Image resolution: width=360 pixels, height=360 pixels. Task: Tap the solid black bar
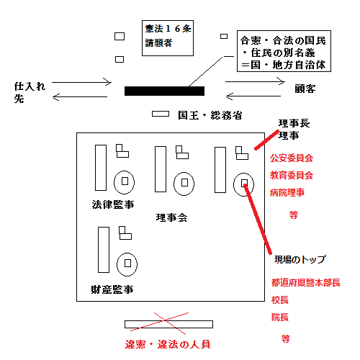point(164,91)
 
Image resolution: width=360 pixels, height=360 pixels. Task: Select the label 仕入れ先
point(30,92)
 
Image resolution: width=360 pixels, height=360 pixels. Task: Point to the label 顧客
point(305,89)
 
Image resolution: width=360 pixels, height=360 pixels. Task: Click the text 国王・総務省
point(210,115)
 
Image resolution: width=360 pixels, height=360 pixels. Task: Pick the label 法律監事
point(113,204)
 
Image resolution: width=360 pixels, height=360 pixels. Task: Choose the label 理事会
point(171,217)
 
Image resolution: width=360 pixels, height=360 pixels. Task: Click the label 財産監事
point(112,289)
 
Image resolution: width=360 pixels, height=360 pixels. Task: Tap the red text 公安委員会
point(292,158)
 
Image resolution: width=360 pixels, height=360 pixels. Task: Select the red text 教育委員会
point(292,175)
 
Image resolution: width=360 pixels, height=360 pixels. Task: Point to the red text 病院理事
point(287,192)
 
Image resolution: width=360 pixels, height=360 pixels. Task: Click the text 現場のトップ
point(300,259)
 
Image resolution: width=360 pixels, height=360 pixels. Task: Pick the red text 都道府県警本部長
point(306,282)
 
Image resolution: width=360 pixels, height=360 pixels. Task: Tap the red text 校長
point(280,300)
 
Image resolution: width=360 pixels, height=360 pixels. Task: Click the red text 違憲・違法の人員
point(168,344)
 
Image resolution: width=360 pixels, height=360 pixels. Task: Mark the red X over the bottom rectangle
point(165,320)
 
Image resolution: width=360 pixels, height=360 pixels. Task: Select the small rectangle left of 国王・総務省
point(161,114)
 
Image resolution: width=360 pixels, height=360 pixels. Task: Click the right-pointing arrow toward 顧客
point(255,81)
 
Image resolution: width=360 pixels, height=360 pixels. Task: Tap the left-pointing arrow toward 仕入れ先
point(80,97)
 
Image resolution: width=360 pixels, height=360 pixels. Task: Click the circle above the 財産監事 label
point(117,264)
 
